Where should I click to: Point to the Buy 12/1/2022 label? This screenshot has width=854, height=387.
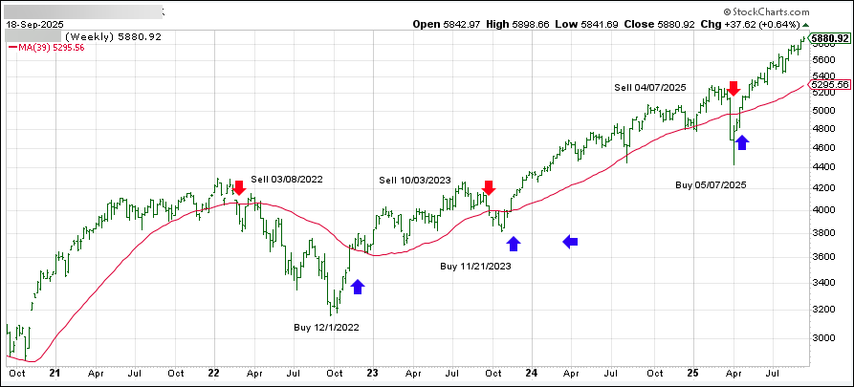point(328,327)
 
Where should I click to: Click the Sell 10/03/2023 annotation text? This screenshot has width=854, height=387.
point(415,180)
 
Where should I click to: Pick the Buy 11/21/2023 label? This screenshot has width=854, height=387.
point(476,266)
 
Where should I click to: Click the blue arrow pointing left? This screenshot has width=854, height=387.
point(570,242)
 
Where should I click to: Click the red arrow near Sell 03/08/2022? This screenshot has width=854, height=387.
point(239,188)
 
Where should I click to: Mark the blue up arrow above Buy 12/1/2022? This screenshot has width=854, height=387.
point(358,286)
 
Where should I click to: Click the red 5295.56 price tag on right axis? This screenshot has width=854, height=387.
point(828,85)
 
